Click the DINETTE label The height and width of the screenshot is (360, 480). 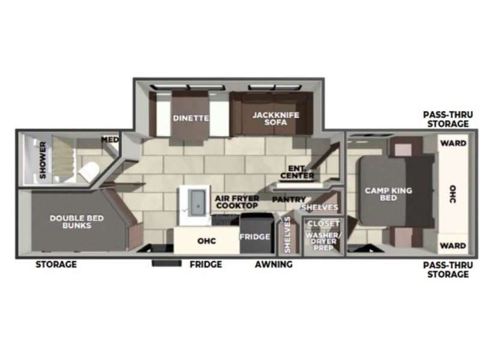(x=191, y=118)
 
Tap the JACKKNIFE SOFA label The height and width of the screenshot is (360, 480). (x=275, y=118)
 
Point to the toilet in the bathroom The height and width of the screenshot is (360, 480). (x=88, y=171)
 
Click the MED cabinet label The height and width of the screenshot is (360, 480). (x=110, y=140)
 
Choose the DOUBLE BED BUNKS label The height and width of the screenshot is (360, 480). (x=71, y=221)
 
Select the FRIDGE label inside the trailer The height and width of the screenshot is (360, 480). (x=255, y=237)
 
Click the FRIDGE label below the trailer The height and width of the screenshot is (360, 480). (x=206, y=265)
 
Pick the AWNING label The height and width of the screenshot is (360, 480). (x=273, y=265)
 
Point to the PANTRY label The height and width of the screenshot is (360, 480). (x=289, y=199)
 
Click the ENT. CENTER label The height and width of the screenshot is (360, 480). (x=301, y=172)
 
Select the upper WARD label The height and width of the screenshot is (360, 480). (x=453, y=143)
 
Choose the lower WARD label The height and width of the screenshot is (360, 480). (x=453, y=246)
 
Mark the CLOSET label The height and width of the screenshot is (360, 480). (x=323, y=224)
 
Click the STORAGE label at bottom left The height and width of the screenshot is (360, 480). (x=56, y=265)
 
